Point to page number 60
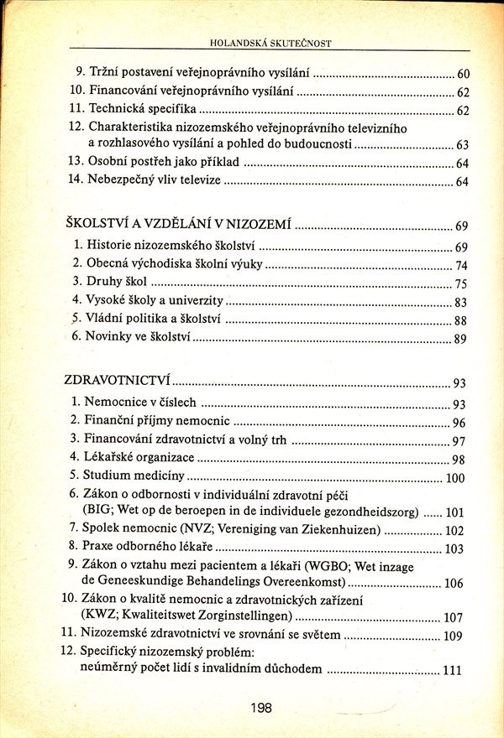[462, 75]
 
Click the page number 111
[452, 670]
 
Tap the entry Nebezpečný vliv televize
[151, 180]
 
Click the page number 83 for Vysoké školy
[459, 303]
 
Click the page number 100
[454, 479]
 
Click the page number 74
[460, 266]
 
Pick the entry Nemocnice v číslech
[139, 403]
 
